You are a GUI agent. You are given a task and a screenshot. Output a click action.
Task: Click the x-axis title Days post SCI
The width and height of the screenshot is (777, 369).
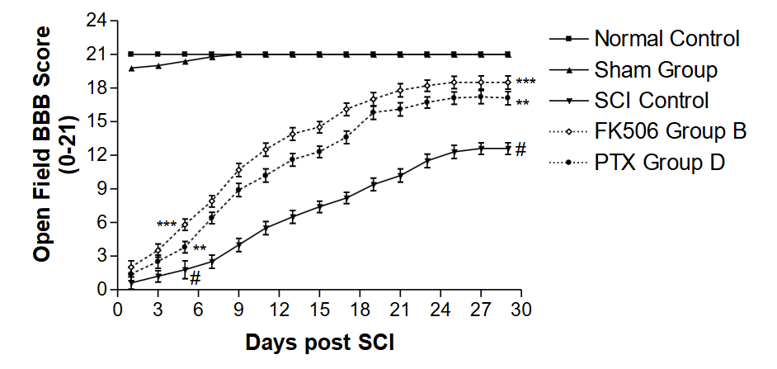(x=319, y=340)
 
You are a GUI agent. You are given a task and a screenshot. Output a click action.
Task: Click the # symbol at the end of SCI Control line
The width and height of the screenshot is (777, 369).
(x=520, y=149)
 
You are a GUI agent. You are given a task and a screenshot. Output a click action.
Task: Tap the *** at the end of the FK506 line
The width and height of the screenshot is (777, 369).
(x=525, y=83)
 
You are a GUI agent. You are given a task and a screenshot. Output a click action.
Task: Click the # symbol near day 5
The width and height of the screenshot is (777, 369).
(x=195, y=277)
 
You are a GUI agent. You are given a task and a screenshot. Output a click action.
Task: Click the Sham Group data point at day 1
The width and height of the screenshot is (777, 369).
(x=132, y=68)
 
